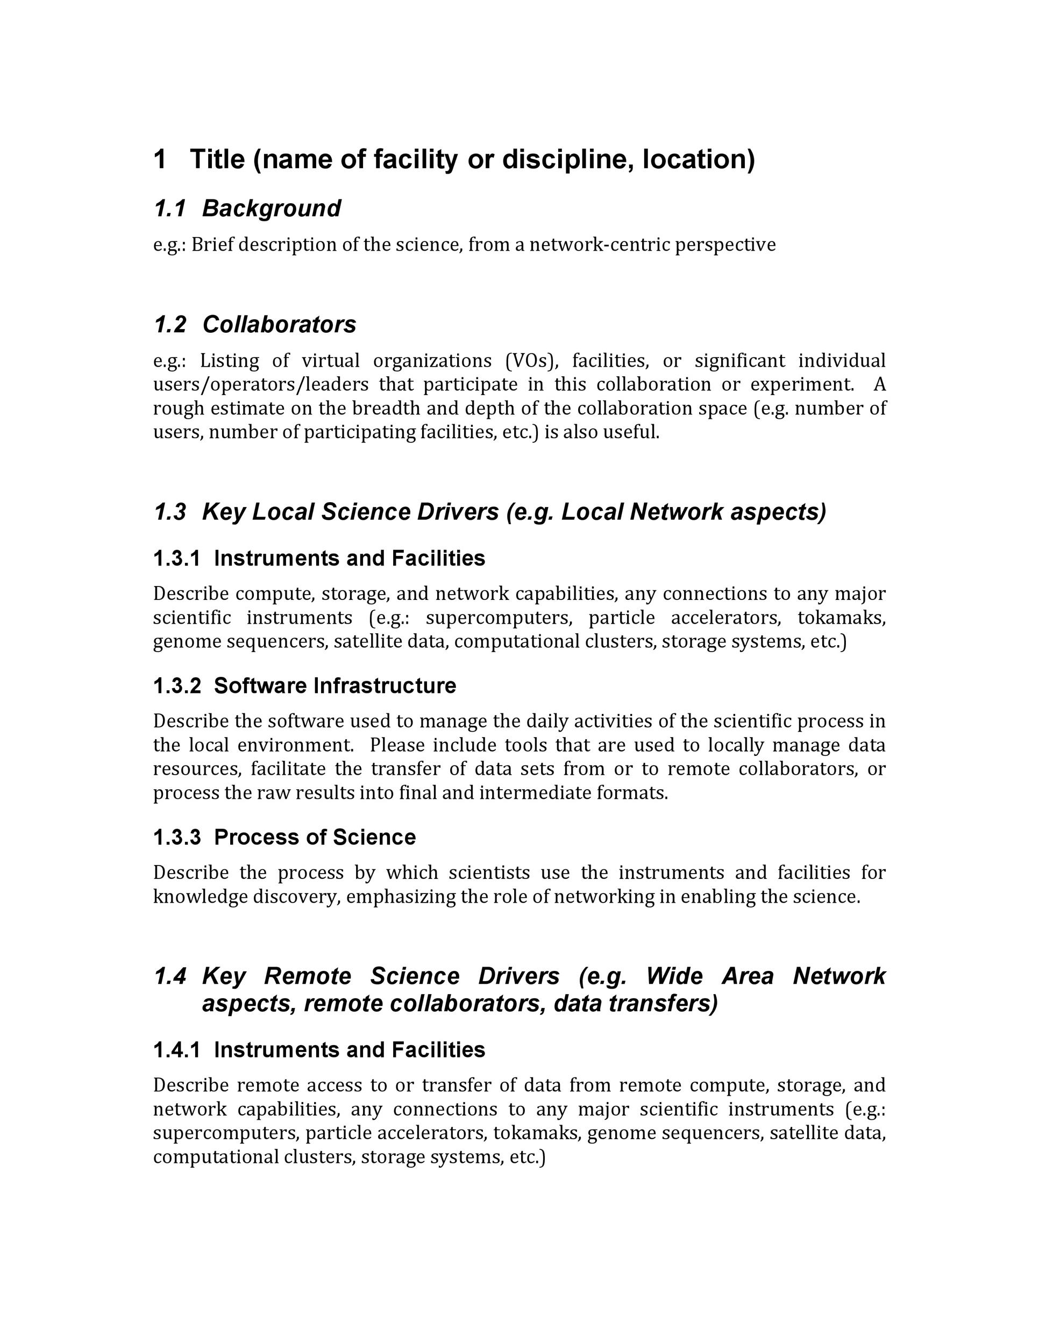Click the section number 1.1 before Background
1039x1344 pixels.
point(169,209)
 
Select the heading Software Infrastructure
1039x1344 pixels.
point(335,685)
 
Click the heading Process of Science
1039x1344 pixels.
point(315,837)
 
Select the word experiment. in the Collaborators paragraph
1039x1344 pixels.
point(802,384)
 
